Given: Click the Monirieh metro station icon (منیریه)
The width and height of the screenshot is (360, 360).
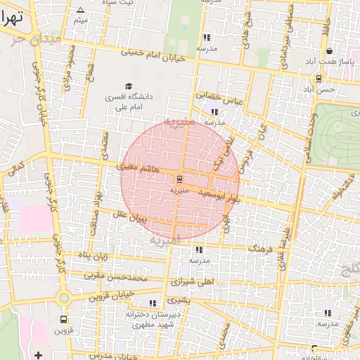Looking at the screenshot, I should click(x=179, y=179).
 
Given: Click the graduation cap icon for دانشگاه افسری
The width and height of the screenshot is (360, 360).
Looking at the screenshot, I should click(x=128, y=86).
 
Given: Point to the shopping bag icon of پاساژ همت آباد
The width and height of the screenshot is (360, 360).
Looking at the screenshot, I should click(x=329, y=51).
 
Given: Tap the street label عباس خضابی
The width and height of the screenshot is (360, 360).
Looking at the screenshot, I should click(x=218, y=98).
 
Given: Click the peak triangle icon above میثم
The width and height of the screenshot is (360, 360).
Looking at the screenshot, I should click(x=80, y=10).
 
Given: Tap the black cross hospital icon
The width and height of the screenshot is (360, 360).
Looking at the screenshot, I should click(x=38, y=355).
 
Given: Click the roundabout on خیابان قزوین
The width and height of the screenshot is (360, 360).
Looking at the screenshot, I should click(x=64, y=297).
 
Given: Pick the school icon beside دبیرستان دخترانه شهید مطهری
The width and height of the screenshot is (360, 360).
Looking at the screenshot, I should click(x=153, y=303).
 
